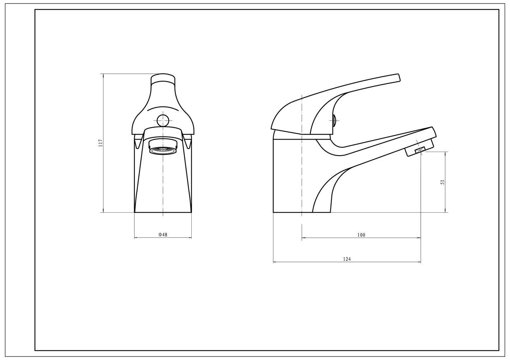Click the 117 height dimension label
pos(101,143)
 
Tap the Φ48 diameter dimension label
pos(163,234)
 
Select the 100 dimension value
pos(361,235)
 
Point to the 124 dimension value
pos(347,259)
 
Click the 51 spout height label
pos(443,182)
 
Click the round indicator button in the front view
pos(163,121)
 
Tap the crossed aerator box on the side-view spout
pos(420,150)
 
